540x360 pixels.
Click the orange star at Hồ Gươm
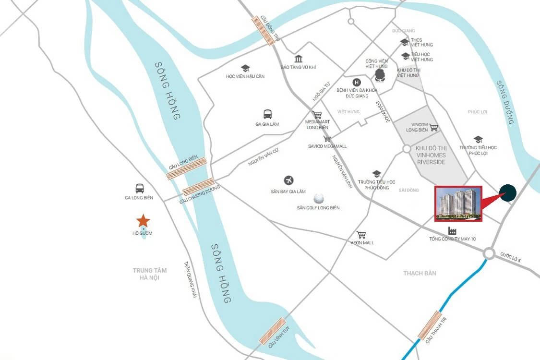pyautogui.click(x=143, y=221)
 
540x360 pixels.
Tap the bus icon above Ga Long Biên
pyautogui.click(x=140, y=188)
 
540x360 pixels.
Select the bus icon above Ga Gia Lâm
pyautogui.click(x=267, y=114)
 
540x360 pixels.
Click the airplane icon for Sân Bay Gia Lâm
pyautogui.click(x=288, y=180)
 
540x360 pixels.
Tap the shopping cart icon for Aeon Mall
pyautogui.click(x=361, y=235)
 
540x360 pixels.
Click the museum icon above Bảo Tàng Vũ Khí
pyautogui.click(x=299, y=59)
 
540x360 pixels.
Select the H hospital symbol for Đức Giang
pyautogui.click(x=356, y=82)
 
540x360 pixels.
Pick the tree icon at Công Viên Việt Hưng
pyautogui.click(x=380, y=75)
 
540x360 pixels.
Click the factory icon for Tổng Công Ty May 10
pyautogui.click(x=452, y=230)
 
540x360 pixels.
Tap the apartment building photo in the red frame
pyautogui.click(x=458, y=204)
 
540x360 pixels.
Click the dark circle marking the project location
pyautogui.click(x=507, y=193)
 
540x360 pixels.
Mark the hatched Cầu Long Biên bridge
pyautogui.click(x=187, y=168)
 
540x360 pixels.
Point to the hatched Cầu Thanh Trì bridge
pyautogui.click(x=430, y=325)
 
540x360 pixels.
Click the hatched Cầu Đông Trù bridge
pyautogui.click(x=264, y=30)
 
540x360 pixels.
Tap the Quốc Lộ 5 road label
pyautogui.click(x=510, y=257)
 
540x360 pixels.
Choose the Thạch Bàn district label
pyautogui.click(x=420, y=273)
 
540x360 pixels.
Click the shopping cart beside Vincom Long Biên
pyautogui.click(x=433, y=127)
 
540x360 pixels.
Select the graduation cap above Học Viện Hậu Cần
pyautogui.click(x=245, y=69)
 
